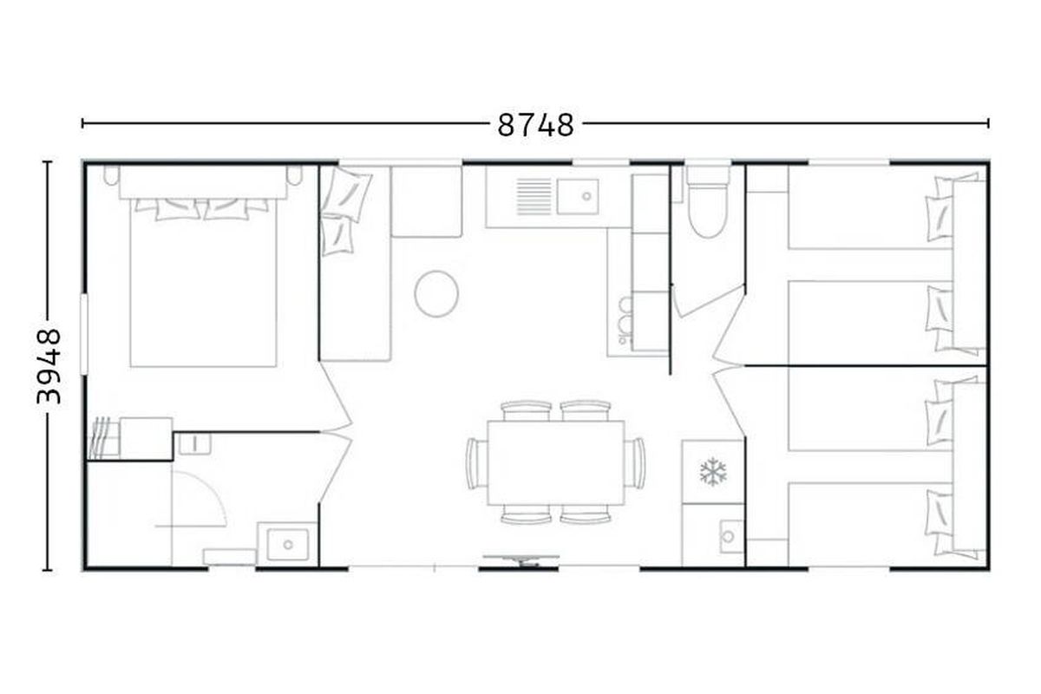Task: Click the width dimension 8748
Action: [x=535, y=125]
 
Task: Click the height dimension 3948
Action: [x=49, y=366]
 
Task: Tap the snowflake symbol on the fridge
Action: [x=713, y=472]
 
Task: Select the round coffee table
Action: [x=436, y=294]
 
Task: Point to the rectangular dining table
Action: [x=556, y=463]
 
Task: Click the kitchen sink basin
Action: [x=578, y=196]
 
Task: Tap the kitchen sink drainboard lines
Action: [x=534, y=197]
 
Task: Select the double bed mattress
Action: [x=204, y=283]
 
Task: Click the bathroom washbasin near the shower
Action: [x=288, y=544]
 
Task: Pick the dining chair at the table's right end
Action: [x=635, y=463]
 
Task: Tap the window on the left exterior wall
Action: [x=84, y=334]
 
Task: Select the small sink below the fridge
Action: [x=731, y=536]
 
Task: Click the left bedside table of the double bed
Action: [x=111, y=175]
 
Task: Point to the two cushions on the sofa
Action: [x=344, y=211]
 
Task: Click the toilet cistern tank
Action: [x=708, y=174]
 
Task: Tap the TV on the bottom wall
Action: [x=521, y=560]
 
